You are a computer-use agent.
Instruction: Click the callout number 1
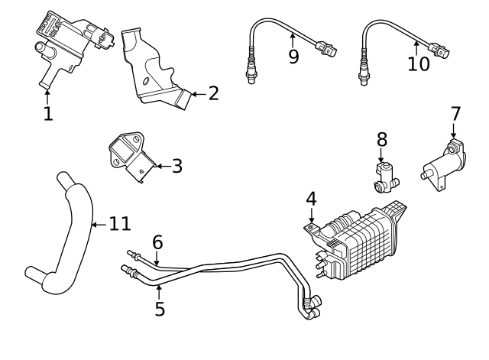48,114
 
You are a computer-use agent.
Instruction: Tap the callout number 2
213,94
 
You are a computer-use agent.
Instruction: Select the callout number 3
176,166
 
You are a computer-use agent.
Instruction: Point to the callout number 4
311,199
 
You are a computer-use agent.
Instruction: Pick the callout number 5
159,309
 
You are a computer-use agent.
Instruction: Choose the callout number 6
157,242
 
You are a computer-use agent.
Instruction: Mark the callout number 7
455,114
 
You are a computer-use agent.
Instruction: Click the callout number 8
382,140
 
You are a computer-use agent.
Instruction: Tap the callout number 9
293,57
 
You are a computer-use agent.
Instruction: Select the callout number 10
418,63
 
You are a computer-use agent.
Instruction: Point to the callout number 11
120,225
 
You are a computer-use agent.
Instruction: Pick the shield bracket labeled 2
156,73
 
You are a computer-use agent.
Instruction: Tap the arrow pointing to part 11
97,225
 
